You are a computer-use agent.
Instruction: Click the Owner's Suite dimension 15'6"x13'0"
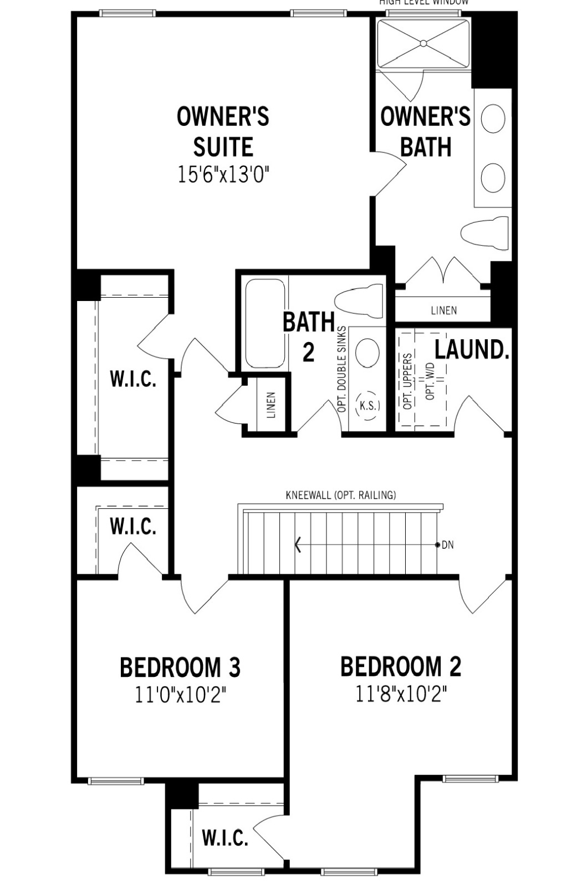[x=223, y=175]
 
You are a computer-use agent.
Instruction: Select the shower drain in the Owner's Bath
[x=423, y=43]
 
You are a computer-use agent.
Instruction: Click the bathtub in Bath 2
[x=265, y=324]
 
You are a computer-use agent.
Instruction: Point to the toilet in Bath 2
[x=359, y=302]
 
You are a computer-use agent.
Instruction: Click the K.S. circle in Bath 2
[x=369, y=406]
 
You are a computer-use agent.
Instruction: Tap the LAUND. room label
[x=471, y=350]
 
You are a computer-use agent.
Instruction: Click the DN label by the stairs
[x=447, y=545]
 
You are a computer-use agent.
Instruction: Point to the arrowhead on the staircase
[x=298, y=545]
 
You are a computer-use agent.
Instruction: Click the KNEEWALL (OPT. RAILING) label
[x=340, y=495]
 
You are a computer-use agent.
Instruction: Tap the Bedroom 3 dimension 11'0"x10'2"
[x=181, y=695]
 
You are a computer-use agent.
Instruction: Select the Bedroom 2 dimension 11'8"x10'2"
[x=401, y=694]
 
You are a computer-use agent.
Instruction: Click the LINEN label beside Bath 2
[x=271, y=405]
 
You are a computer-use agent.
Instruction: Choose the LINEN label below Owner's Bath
[x=443, y=310]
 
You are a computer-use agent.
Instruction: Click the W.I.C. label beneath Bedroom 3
[x=224, y=838]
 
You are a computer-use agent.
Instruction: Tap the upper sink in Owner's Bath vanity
[x=493, y=119]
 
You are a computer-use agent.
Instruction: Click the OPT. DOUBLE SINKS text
[x=342, y=369]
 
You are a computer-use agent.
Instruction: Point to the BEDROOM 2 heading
[x=400, y=667]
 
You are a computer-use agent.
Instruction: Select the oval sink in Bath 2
[x=367, y=353]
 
